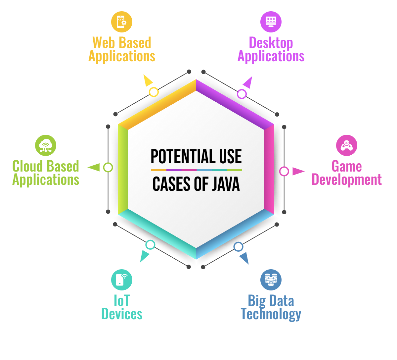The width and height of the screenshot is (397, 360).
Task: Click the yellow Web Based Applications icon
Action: point(121,22)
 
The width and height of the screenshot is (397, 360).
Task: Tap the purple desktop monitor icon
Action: point(271,22)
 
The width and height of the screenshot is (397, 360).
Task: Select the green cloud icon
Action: point(46,145)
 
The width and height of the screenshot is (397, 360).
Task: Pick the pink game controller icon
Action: point(346,145)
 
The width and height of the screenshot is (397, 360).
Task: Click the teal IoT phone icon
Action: point(121,280)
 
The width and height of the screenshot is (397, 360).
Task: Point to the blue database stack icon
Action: point(271,280)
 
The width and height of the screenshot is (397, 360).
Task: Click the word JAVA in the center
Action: point(226,184)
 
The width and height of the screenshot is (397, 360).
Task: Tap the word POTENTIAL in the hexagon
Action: point(182,156)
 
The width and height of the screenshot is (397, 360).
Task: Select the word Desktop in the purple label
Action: point(271,43)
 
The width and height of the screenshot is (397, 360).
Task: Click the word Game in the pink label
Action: point(346,166)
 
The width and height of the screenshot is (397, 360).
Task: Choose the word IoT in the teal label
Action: point(122,301)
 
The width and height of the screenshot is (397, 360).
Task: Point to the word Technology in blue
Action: point(271,314)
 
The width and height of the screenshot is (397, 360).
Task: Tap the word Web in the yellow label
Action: point(103,43)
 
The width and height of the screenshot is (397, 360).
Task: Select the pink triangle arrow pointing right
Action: point(298,171)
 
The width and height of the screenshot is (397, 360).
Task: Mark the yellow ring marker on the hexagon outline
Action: point(154,92)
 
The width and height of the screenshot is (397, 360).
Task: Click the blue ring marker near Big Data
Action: point(238,247)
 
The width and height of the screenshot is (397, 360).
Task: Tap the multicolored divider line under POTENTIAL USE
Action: point(197,170)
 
